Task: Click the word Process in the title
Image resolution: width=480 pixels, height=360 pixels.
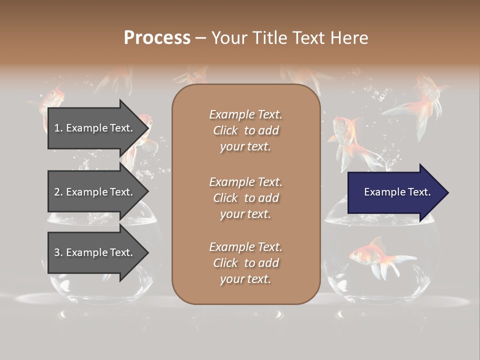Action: [x=157, y=38]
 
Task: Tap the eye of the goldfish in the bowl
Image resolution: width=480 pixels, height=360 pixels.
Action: [x=356, y=253]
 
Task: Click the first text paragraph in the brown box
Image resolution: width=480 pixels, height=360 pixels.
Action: [x=245, y=130]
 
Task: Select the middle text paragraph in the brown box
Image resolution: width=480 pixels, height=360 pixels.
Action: [x=245, y=198]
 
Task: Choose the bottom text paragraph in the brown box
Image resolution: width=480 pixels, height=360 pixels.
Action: [x=245, y=263]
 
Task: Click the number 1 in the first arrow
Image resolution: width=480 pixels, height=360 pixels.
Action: [x=57, y=128]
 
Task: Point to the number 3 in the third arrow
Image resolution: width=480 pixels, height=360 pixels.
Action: [x=57, y=252]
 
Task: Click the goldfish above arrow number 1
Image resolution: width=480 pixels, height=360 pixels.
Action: [x=52, y=97]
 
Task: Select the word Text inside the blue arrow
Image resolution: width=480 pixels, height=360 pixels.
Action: [x=418, y=192]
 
